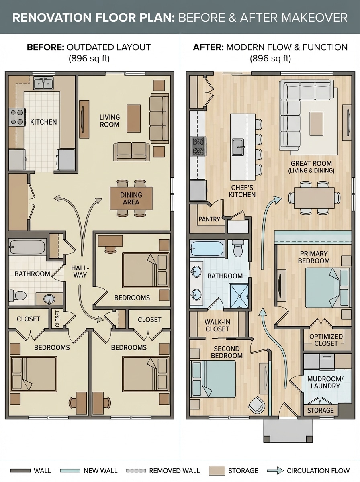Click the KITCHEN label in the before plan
click(43, 122)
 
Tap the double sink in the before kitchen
click(43, 84)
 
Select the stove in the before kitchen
click(18, 117)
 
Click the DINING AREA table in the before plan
click(131, 198)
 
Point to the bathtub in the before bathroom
click(27, 247)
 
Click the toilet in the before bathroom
click(17, 296)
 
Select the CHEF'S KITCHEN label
click(242, 191)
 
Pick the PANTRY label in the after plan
click(209, 219)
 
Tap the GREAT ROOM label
click(311, 167)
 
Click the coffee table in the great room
click(316, 123)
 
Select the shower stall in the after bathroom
click(239, 296)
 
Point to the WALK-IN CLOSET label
click(217, 325)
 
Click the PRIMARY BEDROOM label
click(314, 257)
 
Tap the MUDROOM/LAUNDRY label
click(323, 382)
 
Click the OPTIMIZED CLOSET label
click(326, 340)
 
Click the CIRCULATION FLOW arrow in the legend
click(276, 470)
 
